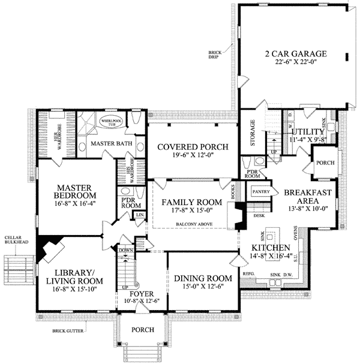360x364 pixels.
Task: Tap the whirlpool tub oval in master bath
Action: (111, 121)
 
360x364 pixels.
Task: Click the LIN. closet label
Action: (140, 214)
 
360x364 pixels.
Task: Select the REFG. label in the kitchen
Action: (248, 274)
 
